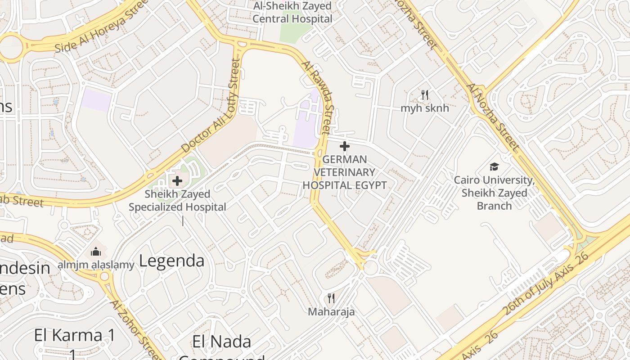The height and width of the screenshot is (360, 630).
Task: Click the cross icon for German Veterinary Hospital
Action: pyautogui.click(x=345, y=146)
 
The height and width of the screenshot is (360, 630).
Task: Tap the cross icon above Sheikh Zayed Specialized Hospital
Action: pyautogui.click(x=177, y=181)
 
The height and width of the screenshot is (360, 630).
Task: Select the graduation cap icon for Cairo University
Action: pyautogui.click(x=494, y=167)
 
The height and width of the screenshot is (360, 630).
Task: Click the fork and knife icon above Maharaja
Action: pyautogui.click(x=331, y=298)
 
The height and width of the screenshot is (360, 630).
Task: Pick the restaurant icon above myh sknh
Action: pyautogui.click(x=424, y=95)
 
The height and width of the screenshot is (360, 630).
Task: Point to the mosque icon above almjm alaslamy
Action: pyautogui.click(x=96, y=252)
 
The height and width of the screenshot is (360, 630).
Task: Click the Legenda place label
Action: pyautogui.click(x=171, y=261)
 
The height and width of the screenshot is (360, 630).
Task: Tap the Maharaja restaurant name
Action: pyautogui.click(x=331, y=311)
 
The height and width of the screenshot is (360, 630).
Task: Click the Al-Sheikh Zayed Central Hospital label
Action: pyautogui.click(x=292, y=13)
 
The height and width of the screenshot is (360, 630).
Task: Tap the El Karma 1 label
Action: pyautogui.click(x=75, y=335)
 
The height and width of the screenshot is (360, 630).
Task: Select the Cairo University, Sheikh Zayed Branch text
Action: pyautogui.click(x=494, y=193)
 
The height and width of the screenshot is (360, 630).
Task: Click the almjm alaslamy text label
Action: pyautogui.click(x=96, y=265)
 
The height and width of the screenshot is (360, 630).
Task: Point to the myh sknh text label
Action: pyautogui.click(x=424, y=108)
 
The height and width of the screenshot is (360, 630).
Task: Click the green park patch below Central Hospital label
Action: pyautogui.click(x=295, y=31)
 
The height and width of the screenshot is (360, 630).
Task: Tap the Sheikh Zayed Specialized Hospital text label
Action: pyautogui.click(x=177, y=201)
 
